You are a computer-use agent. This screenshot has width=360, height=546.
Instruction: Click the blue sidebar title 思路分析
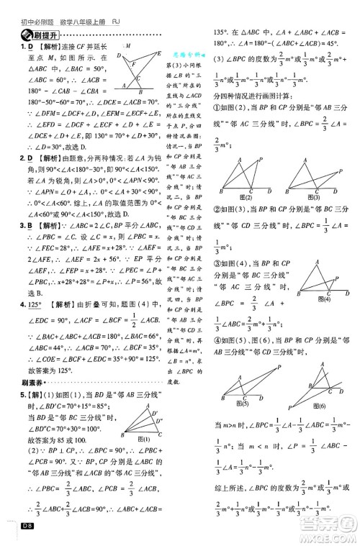[190, 53]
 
